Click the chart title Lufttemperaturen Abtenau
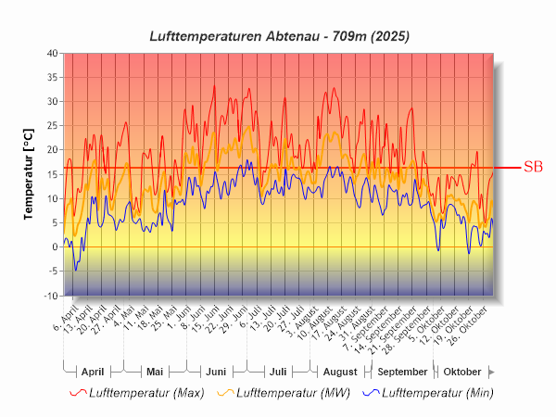[279, 35]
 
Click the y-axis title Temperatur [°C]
[29, 173]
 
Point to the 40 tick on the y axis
[52, 53]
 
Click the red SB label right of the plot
[533, 168]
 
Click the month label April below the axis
[93, 372]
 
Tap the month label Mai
[155, 372]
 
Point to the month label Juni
[216, 372]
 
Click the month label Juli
[277, 372]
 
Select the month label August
[339, 372]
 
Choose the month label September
[401, 372]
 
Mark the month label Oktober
[462, 372]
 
